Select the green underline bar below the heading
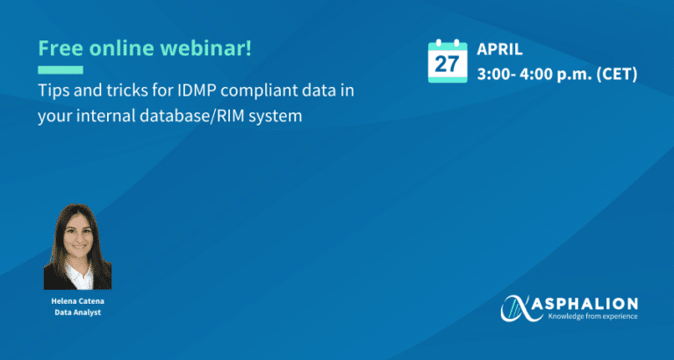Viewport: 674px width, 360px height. point(61,69)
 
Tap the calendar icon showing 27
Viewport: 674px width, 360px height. point(448,61)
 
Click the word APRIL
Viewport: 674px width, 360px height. point(499,49)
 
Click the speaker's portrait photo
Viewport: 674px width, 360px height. point(77,247)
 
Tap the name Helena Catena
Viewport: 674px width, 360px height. point(78,301)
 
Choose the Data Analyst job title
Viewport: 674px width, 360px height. point(78,313)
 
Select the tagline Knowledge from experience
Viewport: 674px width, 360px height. point(592,317)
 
